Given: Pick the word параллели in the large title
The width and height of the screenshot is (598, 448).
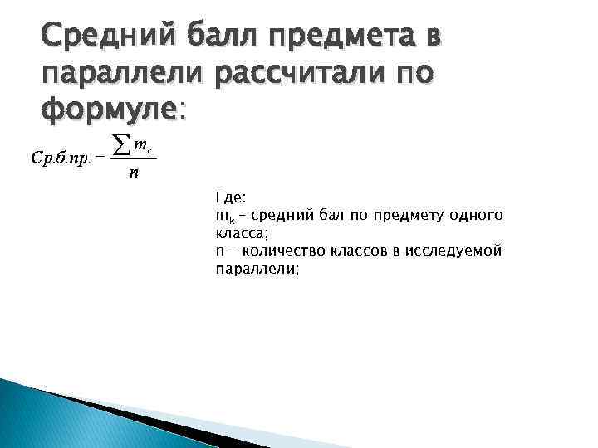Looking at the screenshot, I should click(123, 74).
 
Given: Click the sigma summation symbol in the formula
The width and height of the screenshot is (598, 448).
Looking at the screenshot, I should click(120, 146).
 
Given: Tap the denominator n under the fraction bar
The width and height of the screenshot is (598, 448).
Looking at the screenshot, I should click(134, 173).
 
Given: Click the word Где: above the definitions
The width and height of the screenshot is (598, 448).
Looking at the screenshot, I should click(230, 199).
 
